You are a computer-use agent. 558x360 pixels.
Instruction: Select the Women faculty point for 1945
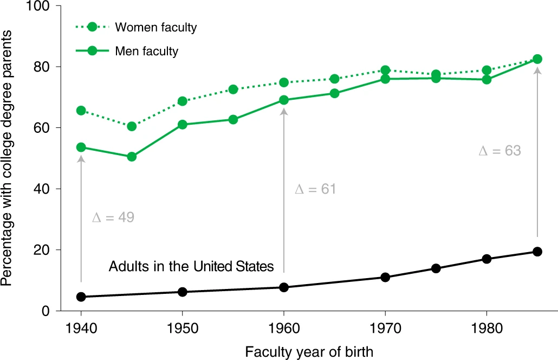[x=132, y=126]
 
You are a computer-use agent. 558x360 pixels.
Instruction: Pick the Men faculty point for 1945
[x=132, y=157]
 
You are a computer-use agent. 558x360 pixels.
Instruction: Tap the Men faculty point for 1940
[x=81, y=147]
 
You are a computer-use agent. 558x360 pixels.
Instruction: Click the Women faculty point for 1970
[x=385, y=70]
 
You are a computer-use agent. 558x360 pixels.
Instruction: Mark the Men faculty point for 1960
[x=284, y=100]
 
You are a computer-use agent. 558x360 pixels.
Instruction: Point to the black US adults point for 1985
[x=537, y=252]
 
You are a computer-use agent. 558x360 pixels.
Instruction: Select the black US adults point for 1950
[x=182, y=292]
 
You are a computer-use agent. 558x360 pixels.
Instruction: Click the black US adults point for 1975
[x=436, y=268]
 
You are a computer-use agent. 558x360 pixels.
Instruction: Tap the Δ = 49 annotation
[x=113, y=218]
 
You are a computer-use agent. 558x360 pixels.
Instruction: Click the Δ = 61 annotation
[x=315, y=189]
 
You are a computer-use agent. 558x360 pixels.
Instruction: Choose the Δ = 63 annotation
[x=499, y=151]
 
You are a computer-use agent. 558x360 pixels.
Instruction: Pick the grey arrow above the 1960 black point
[x=284, y=190]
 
